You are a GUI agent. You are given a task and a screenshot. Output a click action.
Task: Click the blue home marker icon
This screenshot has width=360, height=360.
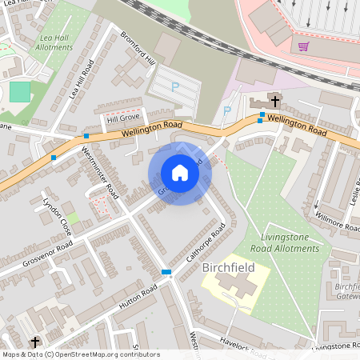tap(180, 173)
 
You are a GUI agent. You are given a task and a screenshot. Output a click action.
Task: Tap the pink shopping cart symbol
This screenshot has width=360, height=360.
tap(303, 46)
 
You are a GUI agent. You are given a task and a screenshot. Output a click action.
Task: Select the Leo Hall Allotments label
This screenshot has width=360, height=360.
tap(55, 41)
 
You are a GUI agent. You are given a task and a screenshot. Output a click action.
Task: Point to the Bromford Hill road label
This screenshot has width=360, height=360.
tap(137, 50)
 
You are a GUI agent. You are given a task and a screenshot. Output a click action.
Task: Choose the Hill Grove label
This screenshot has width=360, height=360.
tap(123, 119)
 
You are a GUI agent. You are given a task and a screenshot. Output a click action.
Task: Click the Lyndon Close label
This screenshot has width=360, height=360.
tap(58, 216)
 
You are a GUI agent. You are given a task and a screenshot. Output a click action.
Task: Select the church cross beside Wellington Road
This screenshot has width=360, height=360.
tap(274, 101)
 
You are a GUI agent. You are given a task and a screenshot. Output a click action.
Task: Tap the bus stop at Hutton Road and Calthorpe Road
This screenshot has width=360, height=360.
tap(166, 272)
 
